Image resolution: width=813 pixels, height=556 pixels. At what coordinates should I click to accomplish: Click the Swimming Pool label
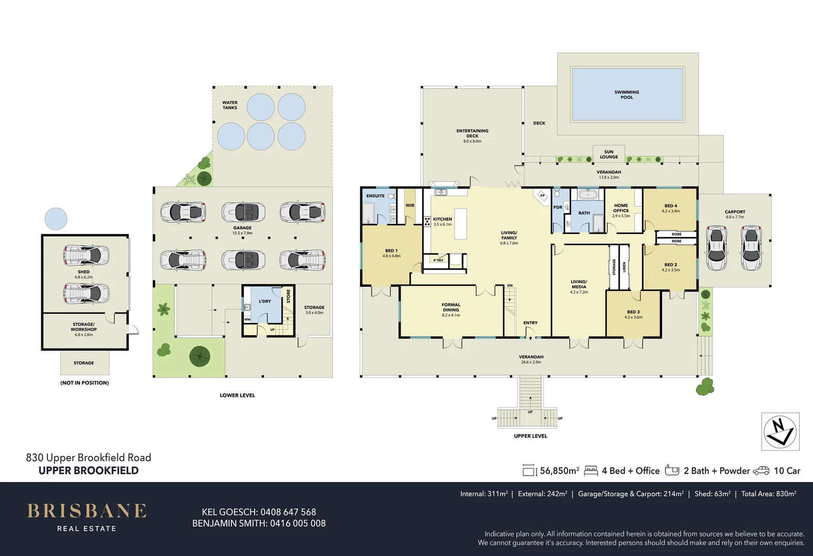click(626, 95)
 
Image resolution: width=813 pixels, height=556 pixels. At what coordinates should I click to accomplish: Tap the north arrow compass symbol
click(780, 431)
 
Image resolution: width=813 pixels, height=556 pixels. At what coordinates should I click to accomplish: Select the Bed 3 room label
click(633, 314)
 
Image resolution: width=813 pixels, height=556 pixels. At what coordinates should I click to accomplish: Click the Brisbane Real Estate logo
click(87, 517)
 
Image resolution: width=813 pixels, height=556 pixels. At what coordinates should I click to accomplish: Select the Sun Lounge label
click(608, 154)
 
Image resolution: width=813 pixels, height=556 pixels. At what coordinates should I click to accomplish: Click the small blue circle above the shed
click(56, 219)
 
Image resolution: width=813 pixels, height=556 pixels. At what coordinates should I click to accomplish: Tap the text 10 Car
click(787, 471)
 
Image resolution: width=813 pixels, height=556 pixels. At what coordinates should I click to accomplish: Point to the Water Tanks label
click(230, 105)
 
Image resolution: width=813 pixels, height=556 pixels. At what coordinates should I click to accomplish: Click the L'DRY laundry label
click(264, 301)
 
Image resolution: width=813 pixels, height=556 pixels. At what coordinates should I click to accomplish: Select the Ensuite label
click(375, 196)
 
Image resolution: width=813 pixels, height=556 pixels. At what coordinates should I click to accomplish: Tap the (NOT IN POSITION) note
click(85, 383)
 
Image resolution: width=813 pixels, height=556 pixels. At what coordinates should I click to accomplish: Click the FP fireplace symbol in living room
click(542, 196)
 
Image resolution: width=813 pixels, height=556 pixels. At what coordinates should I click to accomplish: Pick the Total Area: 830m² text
click(768, 494)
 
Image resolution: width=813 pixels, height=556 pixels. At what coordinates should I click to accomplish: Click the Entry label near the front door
click(530, 323)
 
